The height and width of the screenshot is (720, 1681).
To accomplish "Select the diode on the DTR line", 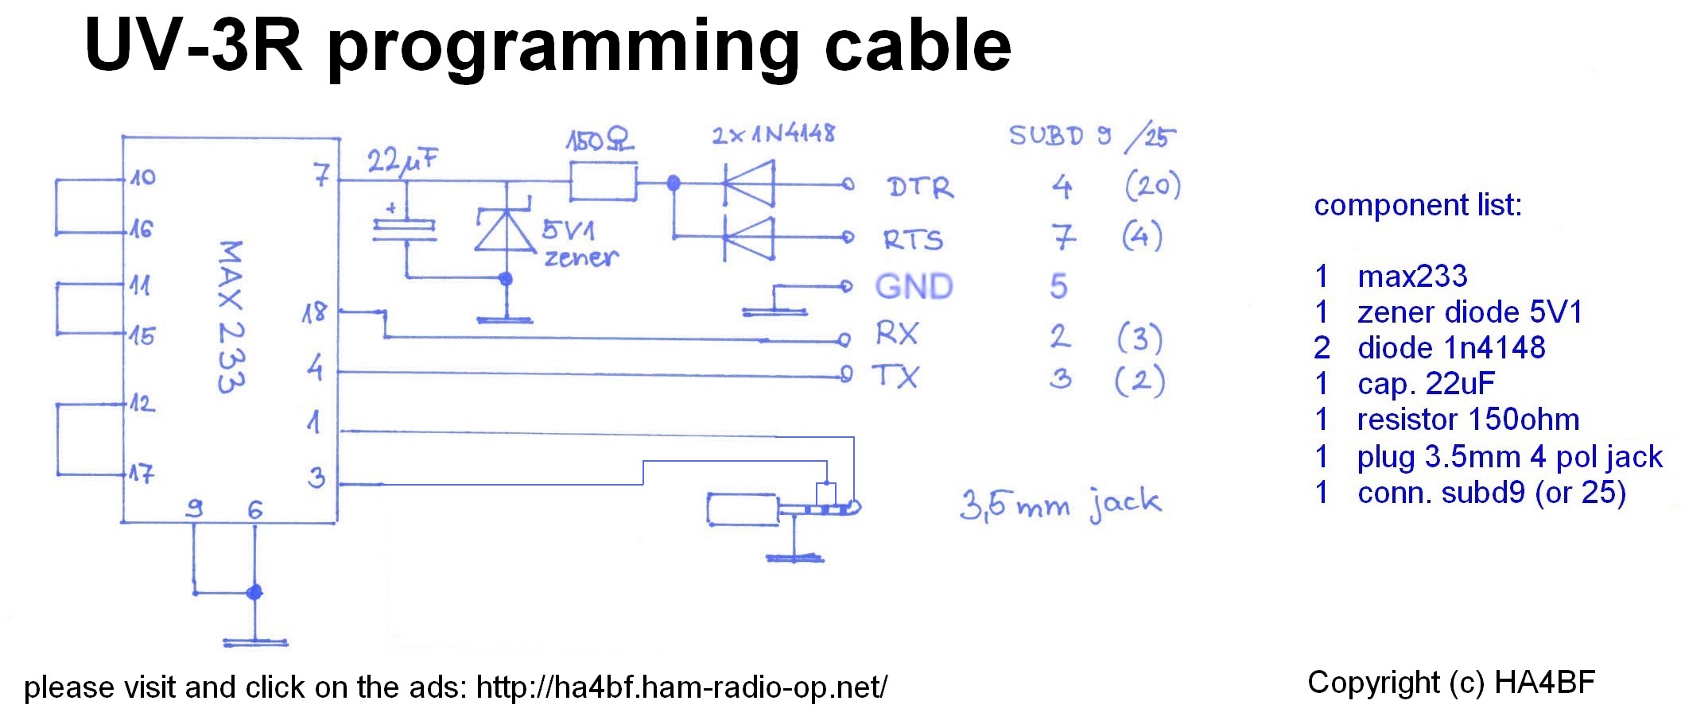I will coord(748,184).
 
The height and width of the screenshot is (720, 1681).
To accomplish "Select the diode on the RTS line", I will coord(748,237).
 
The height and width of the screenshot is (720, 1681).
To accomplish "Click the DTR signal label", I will coord(919,188).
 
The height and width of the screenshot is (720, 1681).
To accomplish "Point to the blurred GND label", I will coord(914,286).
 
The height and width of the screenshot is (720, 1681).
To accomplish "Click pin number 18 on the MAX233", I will coord(314,312).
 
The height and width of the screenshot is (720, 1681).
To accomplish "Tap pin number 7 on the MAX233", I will coord(320,174).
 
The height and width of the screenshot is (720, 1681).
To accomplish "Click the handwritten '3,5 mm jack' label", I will coord(1060,504).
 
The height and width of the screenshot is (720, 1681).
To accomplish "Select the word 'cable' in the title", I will coord(918,46).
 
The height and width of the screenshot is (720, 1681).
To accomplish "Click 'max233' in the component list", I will coord(1412,277).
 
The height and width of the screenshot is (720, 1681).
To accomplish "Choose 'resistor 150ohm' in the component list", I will coord(1468,419).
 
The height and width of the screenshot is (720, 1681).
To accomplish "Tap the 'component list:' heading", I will coord(1417,205).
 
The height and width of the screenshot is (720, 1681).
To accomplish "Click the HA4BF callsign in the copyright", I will coord(1544,682).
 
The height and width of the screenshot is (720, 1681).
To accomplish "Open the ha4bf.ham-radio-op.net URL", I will coord(681,687).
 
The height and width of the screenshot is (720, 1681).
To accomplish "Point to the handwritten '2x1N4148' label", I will coord(773,134).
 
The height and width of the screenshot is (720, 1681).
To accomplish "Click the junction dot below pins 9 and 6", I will coord(254,592).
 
